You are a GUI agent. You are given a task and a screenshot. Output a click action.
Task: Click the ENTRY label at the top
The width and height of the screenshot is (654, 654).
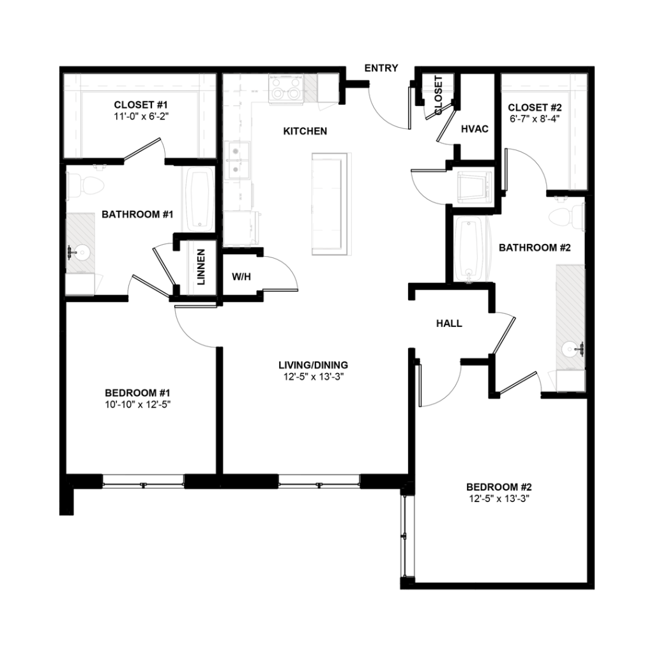[x=381, y=68]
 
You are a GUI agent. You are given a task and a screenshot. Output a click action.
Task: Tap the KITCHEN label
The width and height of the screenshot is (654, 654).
[x=305, y=132]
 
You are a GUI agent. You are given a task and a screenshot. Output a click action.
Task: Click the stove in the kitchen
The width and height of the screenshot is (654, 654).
[x=285, y=89]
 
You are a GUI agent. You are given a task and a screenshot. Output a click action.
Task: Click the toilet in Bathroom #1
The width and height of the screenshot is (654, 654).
[x=86, y=184]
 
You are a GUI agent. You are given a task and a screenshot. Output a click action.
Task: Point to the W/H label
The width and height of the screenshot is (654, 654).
[x=240, y=277]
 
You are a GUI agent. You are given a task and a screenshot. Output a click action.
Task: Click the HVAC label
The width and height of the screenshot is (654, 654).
[x=475, y=129]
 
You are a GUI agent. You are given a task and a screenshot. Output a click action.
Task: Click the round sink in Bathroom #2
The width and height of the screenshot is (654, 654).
[x=570, y=349]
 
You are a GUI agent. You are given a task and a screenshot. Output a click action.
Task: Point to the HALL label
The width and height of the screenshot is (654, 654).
[x=449, y=324]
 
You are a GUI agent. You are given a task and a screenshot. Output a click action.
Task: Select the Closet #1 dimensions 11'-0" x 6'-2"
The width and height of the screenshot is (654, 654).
[x=141, y=116]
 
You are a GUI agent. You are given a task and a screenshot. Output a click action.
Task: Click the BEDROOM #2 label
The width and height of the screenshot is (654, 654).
[x=499, y=485]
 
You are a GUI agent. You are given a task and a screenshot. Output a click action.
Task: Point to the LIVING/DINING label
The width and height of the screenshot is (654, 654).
[x=313, y=365]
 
